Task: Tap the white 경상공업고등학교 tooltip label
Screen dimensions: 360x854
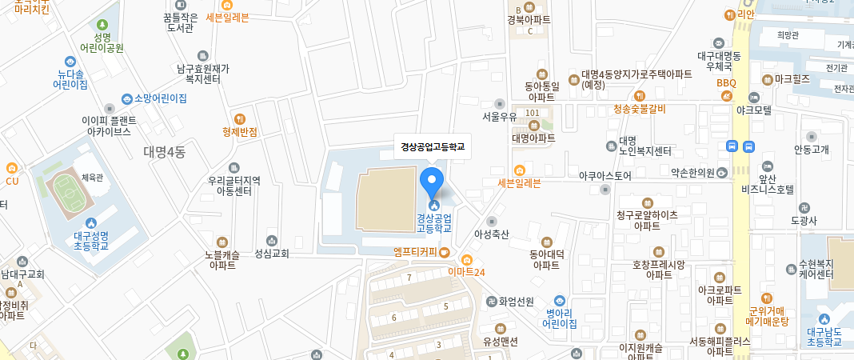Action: pos(433,146)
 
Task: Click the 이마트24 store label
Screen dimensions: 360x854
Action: pos(467,271)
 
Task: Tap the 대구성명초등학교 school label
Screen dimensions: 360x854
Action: pos(90,239)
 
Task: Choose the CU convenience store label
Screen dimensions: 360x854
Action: pos(11,180)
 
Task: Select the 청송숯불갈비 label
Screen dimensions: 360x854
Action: pos(639,108)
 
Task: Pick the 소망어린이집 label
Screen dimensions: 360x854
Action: pos(160,98)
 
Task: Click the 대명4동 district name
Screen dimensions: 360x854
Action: pos(165,151)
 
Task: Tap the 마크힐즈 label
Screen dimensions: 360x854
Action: pos(792,79)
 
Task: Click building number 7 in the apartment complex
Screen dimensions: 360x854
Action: pos(409,278)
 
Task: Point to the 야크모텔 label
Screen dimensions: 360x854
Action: pos(754,110)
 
